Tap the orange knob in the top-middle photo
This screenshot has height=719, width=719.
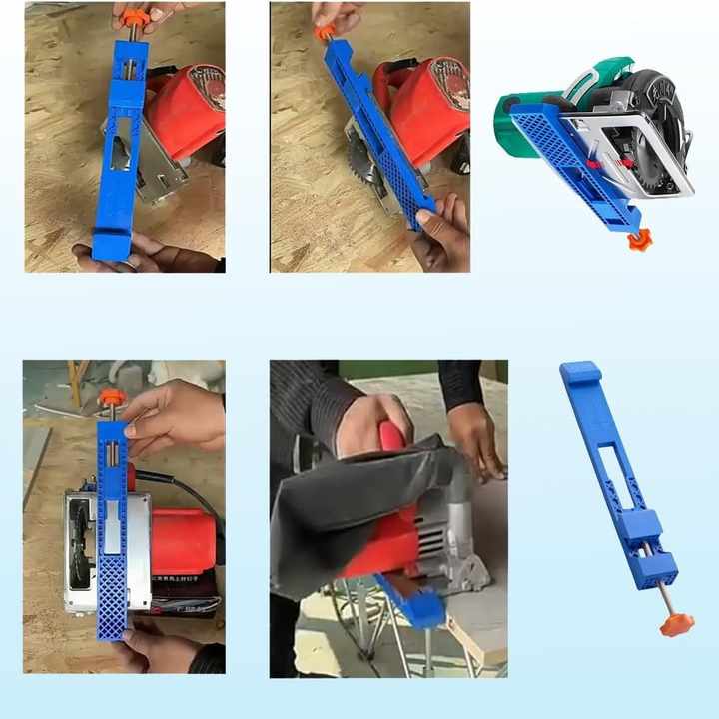click(x=324, y=33)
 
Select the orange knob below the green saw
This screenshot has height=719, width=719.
click(x=637, y=240)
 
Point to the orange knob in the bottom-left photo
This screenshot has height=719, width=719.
click(x=111, y=397)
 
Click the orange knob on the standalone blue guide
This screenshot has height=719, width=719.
click(x=676, y=625)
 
